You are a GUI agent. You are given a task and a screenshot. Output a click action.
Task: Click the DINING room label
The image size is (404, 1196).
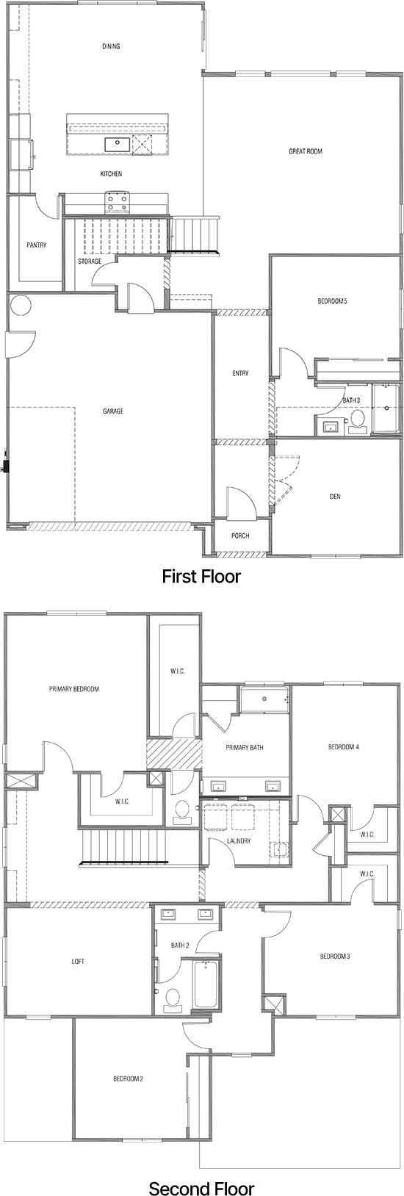(111, 46)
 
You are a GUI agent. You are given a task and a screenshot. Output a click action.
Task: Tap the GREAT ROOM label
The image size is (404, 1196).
(305, 151)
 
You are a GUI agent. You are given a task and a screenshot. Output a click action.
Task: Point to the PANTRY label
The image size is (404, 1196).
(37, 245)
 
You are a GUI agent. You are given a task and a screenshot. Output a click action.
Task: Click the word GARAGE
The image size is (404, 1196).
(113, 411)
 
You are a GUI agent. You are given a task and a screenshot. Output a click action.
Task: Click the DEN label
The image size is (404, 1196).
(335, 497)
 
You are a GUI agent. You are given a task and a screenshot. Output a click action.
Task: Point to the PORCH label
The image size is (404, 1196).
(240, 536)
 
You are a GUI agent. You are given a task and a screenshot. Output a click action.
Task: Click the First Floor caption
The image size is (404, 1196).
(201, 576)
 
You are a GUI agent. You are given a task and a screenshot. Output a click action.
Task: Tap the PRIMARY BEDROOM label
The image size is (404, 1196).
(73, 689)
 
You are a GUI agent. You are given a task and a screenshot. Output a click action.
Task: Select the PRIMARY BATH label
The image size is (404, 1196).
(245, 748)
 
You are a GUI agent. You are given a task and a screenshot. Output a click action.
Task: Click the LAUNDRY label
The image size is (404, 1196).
(239, 841)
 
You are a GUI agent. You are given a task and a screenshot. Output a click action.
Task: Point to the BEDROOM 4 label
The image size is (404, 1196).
(343, 748)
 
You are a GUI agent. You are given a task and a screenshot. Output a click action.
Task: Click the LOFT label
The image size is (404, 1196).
(78, 962)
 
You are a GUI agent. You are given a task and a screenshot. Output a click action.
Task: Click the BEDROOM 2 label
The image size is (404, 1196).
(128, 1078)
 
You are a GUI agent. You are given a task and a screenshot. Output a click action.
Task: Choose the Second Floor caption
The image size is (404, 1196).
(201, 1168)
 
